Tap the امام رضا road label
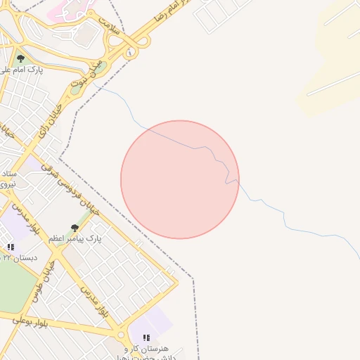click(x=169, y=14)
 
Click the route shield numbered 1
click(x=130, y=53)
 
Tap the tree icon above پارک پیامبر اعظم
click(x=75, y=228)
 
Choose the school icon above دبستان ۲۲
click(x=11, y=247)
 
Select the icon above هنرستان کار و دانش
click(x=146, y=338)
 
